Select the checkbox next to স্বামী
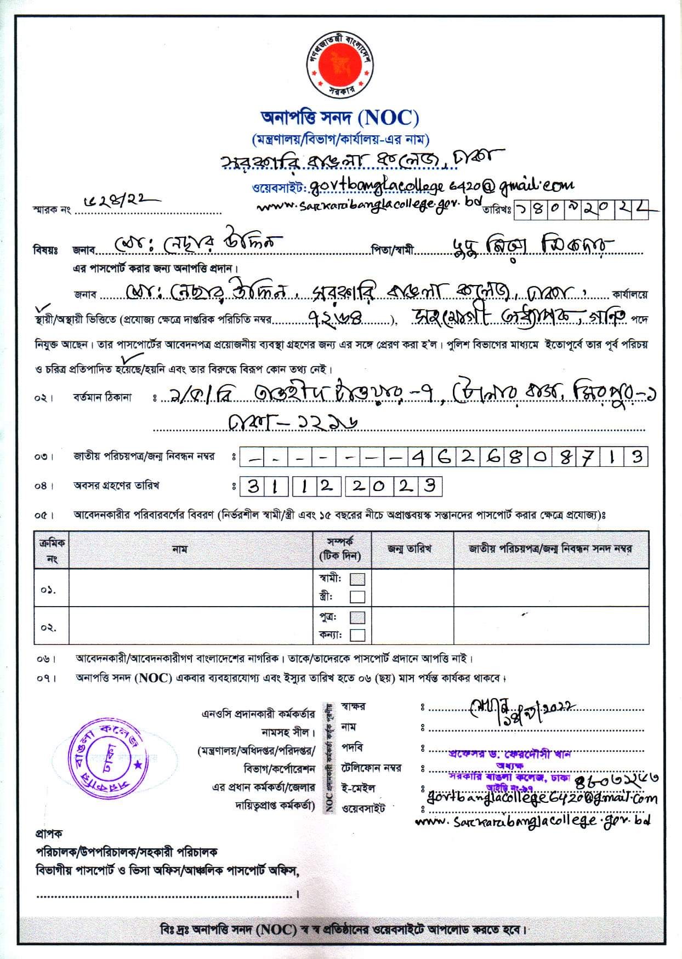(357, 579)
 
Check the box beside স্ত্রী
(357, 596)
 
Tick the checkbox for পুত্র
(357, 617)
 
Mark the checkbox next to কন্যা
(357, 635)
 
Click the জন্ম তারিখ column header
(410, 549)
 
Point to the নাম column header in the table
(180, 549)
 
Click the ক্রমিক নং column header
(52, 550)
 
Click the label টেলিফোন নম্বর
(372, 768)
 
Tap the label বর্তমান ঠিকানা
(103, 397)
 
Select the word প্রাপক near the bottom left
(49, 834)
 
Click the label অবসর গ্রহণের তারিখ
(116, 486)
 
